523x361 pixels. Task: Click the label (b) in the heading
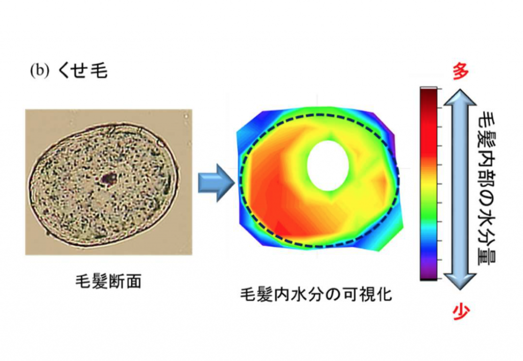[x=40, y=70]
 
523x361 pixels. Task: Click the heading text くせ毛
[x=82, y=70]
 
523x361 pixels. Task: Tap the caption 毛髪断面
[x=108, y=281]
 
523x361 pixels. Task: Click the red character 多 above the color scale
[x=461, y=71]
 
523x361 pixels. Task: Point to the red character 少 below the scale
[x=461, y=312]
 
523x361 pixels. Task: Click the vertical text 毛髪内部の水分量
[x=487, y=188]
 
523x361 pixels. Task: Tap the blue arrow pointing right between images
[x=217, y=183]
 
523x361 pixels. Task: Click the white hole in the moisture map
[x=328, y=165]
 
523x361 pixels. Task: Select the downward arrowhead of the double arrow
[x=460, y=281]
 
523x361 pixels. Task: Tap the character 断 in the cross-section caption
[x=116, y=281]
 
